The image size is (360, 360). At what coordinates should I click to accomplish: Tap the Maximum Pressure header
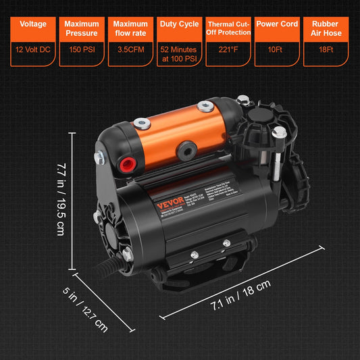click(82, 28)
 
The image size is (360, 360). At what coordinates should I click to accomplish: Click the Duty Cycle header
click(179, 24)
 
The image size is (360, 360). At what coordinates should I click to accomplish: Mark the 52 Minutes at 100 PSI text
click(179, 53)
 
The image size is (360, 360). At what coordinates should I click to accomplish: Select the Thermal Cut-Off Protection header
click(228, 28)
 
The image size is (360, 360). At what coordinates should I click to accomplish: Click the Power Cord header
click(277, 24)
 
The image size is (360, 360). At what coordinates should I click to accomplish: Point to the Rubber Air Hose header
click(326, 28)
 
